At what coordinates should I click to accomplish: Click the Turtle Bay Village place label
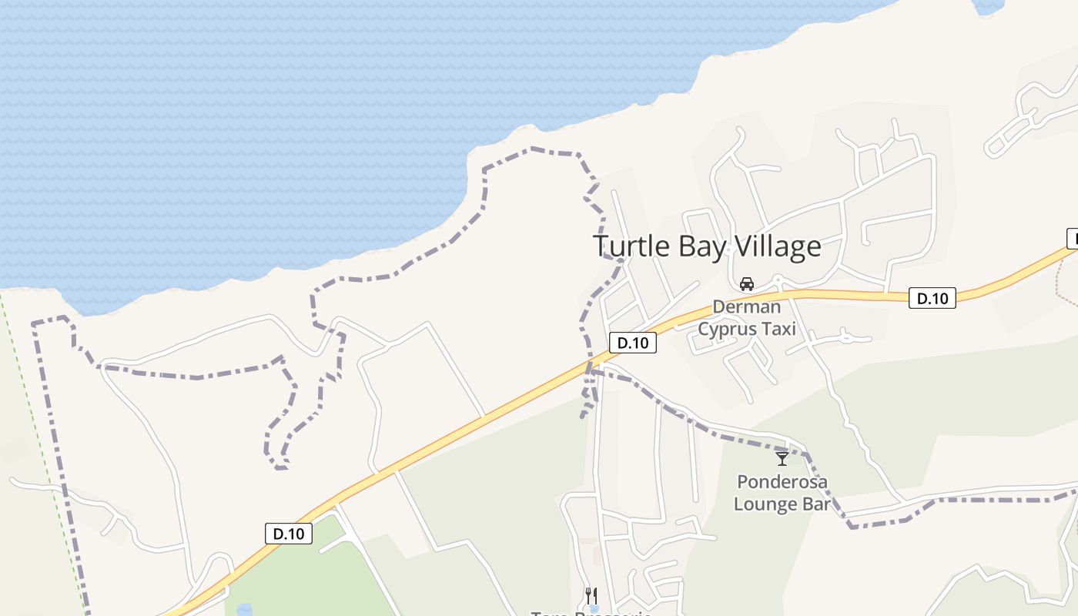pos(707,246)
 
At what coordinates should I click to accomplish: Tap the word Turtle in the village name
pos(632,246)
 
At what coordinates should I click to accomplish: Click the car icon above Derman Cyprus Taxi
pos(746,284)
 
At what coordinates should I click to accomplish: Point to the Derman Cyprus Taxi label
pos(746,318)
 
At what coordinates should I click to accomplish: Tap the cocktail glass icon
pos(782,459)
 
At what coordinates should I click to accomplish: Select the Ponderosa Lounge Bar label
pos(782,493)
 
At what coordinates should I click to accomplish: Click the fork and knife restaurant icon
pos(591,595)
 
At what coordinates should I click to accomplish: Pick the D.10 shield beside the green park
pos(289,534)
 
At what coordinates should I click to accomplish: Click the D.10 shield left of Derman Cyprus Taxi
pos(633,343)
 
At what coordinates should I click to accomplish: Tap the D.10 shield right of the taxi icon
pos(932,298)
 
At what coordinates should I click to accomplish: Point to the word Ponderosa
pos(782,482)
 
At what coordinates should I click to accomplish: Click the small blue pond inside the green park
pos(244,610)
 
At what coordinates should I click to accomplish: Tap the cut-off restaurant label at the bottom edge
pos(591,613)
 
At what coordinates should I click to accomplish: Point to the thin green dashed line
pos(46,462)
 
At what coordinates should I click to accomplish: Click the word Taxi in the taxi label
pos(779,330)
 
